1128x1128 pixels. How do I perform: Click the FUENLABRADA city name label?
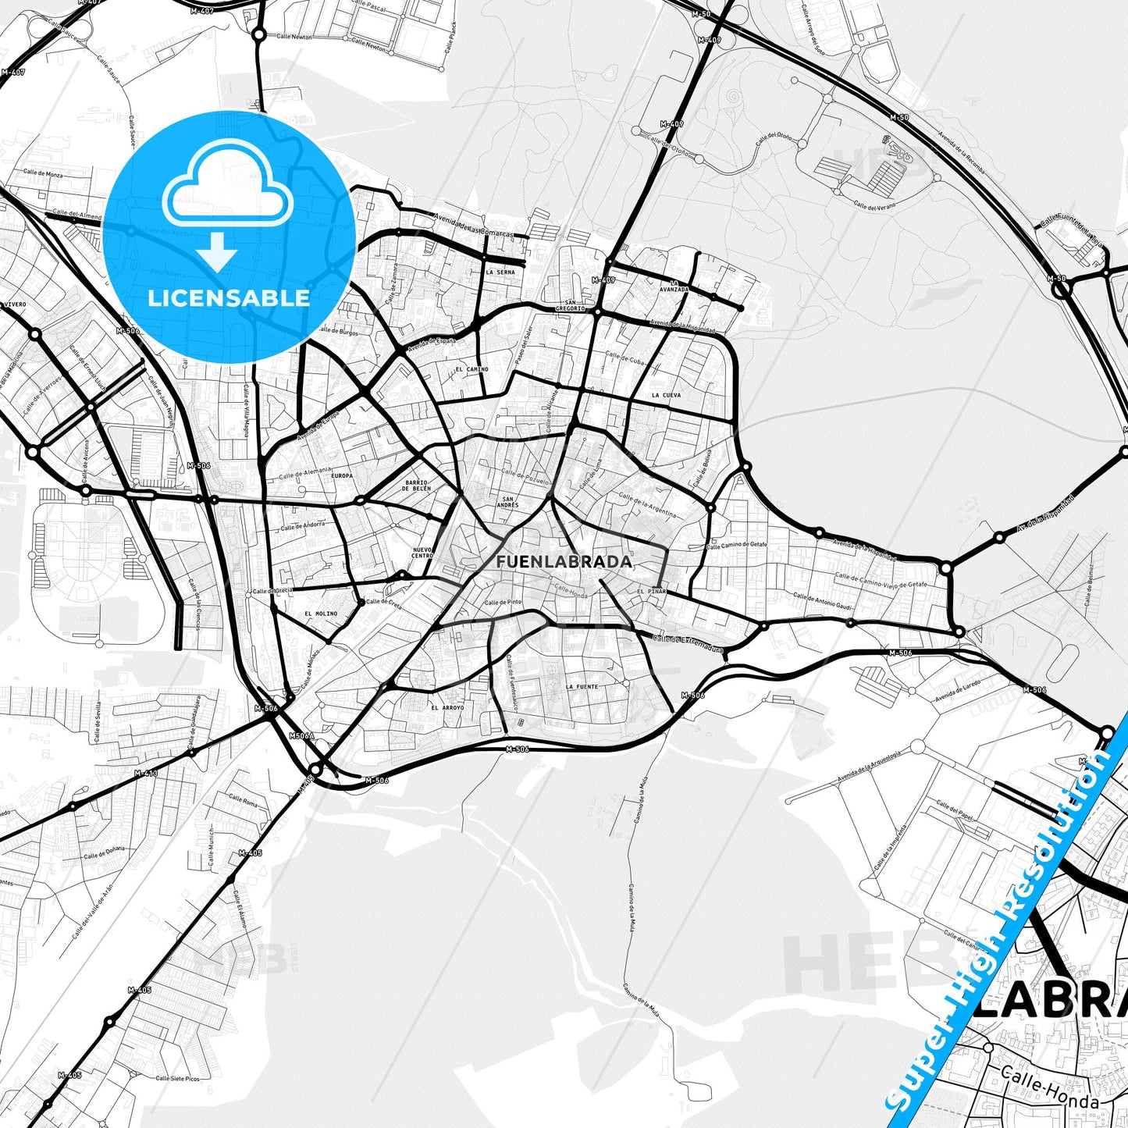coord(564,561)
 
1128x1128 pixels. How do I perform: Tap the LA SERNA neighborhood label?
coord(500,272)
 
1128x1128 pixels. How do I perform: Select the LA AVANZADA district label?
coord(674,286)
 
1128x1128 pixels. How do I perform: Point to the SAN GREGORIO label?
coord(571,305)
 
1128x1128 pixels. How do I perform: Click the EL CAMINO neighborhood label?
coord(471,369)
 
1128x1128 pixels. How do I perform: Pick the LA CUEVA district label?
coord(666,395)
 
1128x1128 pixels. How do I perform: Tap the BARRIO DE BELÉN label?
coord(416,486)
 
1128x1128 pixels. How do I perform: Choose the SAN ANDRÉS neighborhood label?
coord(509,502)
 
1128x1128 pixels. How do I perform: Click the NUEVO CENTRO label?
coord(422,552)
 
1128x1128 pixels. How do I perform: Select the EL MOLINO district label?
coord(321,614)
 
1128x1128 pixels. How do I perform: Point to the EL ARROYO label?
coord(447,708)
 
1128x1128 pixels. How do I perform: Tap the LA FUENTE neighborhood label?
coord(582,687)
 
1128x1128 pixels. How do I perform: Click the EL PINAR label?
coord(651,592)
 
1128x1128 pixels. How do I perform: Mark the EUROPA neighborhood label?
coord(342,475)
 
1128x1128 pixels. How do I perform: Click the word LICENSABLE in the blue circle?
coord(229,297)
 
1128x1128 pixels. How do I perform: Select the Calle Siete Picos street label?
coord(177,1079)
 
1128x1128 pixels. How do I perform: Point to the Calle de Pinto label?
coord(503,603)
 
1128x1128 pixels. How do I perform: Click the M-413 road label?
coord(146,773)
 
